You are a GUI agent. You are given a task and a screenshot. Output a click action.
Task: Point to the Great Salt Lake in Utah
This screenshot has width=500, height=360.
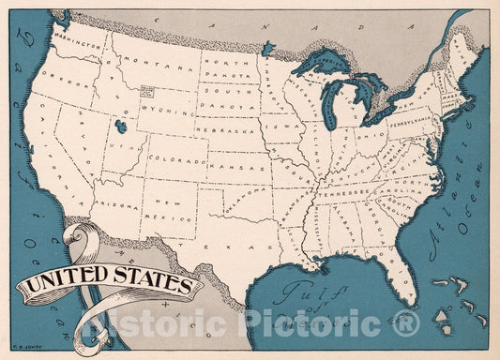click(x=119, y=125)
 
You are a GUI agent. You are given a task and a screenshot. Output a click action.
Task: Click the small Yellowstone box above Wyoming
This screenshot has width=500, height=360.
click(x=146, y=92)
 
